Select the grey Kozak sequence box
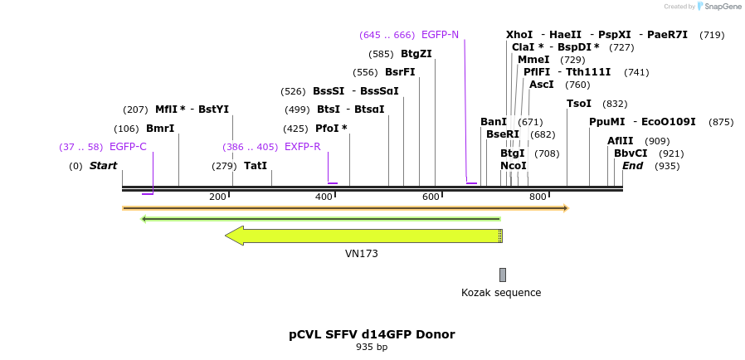click(x=502, y=275)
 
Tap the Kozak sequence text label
click(x=501, y=293)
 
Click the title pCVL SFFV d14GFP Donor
click(x=372, y=334)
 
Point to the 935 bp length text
click(x=372, y=347)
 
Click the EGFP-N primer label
click(x=440, y=35)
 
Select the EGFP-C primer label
click(x=128, y=147)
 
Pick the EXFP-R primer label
click(x=303, y=147)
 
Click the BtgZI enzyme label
click(x=416, y=54)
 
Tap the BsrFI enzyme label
click(x=400, y=72)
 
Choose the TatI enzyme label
click(x=256, y=166)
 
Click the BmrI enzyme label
click(x=160, y=129)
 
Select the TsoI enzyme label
click(x=579, y=104)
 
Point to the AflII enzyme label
click(x=621, y=141)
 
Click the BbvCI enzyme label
click(x=631, y=153)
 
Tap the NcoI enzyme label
click(x=514, y=166)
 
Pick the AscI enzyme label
click(x=542, y=85)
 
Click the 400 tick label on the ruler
click(x=324, y=197)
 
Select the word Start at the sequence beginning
click(x=104, y=166)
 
